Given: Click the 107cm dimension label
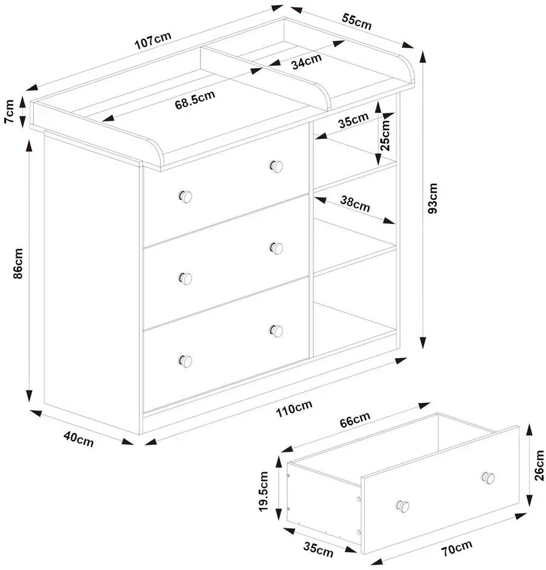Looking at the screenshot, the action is (153, 40).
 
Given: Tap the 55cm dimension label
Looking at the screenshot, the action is (356, 22).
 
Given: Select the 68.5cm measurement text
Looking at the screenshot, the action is (195, 100).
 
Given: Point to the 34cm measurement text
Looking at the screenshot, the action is (306, 62).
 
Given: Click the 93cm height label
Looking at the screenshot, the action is (432, 199).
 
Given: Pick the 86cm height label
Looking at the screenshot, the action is (18, 263).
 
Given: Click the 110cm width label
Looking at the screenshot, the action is (294, 409).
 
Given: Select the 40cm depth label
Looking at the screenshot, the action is (79, 439).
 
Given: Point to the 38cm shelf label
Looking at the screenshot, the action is (355, 204).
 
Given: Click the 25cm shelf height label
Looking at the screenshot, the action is (385, 135).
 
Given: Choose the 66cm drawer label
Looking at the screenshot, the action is (355, 420).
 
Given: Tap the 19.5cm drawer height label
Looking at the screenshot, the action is (263, 492).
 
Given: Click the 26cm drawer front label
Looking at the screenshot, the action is (539, 466).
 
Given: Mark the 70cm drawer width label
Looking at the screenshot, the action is (457, 548).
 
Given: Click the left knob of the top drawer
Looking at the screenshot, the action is (185, 197).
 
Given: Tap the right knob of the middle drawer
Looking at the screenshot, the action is (276, 248).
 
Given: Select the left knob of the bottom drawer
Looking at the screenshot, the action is (185, 361).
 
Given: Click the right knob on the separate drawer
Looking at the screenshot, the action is (488, 478).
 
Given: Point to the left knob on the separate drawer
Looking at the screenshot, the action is (402, 507).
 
